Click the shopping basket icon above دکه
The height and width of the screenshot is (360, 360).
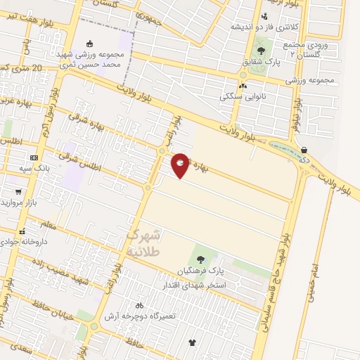[304, 150]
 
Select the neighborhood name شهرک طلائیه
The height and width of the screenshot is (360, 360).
[146, 242]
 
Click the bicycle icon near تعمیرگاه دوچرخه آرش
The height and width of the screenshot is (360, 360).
[139, 305]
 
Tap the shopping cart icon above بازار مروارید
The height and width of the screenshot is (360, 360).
[17, 191]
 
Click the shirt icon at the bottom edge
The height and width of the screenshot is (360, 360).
[193, 342]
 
